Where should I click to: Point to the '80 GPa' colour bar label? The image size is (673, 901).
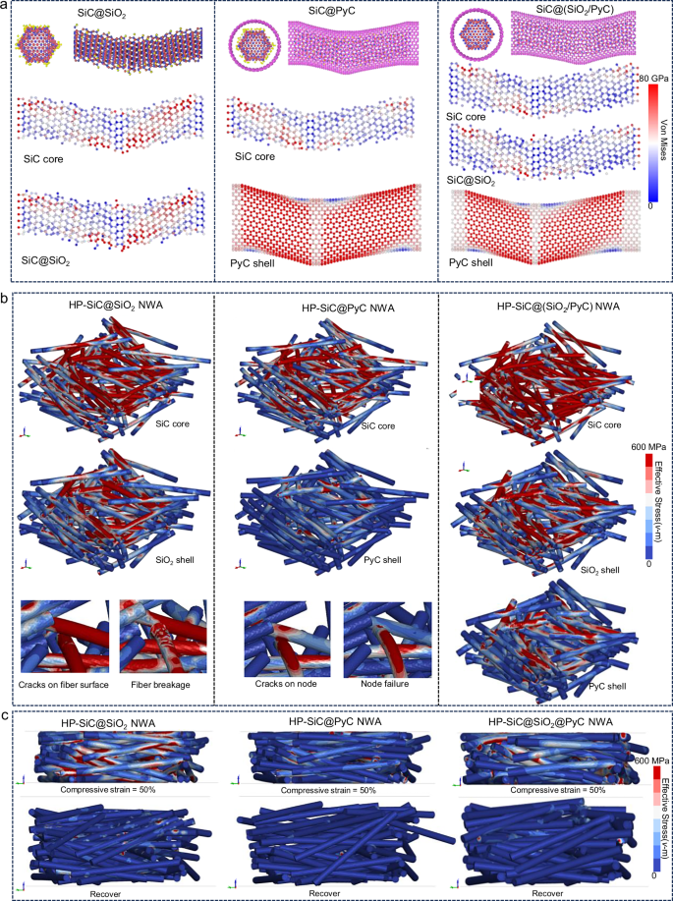pos(651,78)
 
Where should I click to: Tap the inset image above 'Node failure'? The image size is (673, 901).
pos(380,636)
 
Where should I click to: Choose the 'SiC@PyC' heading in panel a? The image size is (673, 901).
pos(322,12)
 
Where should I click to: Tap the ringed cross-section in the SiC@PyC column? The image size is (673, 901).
pos(254,45)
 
